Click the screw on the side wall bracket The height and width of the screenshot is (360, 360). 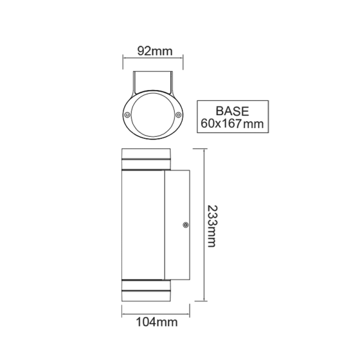185,226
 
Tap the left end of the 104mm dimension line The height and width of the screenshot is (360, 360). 123,313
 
